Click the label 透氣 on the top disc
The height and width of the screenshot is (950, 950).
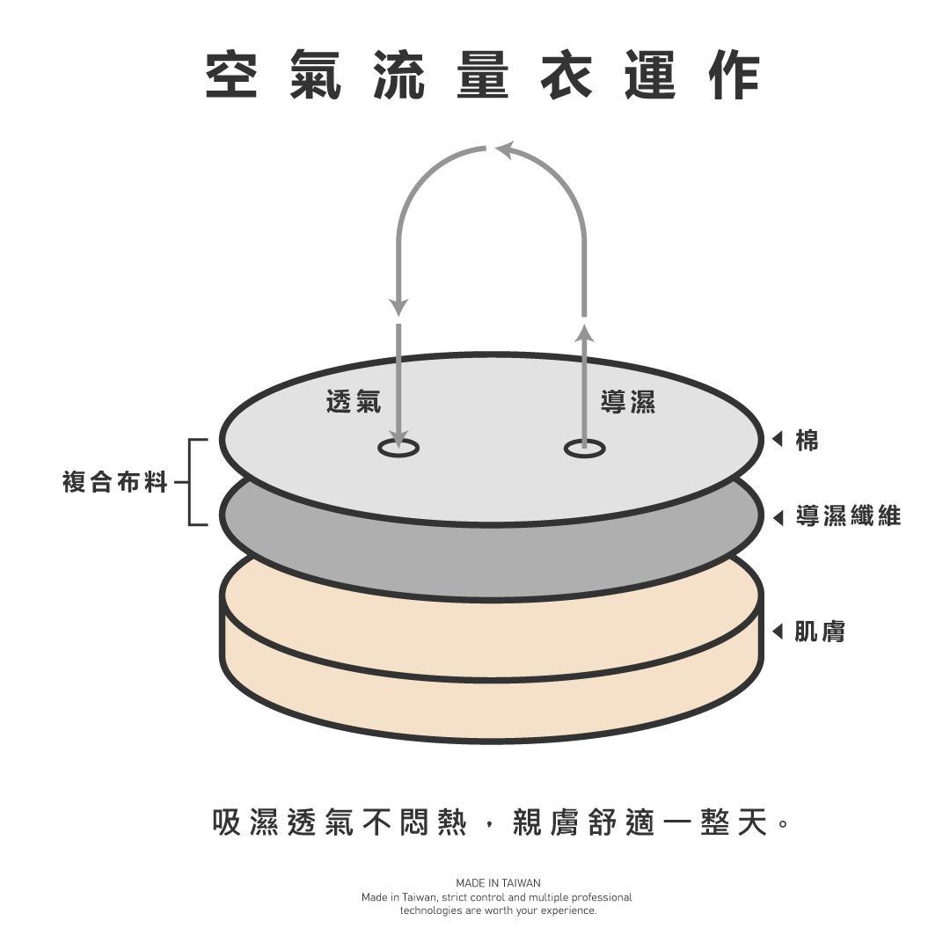tap(354, 402)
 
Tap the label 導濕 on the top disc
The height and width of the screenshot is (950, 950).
tap(628, 402)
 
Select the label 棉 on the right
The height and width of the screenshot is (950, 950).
tap(807, 440)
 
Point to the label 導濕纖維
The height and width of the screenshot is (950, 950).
tap(848, 515)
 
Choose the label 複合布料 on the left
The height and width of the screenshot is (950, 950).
tap(114, 482)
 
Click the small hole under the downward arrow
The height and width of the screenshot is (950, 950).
tap(398, 449)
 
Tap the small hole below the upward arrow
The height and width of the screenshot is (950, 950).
tap(585, 449)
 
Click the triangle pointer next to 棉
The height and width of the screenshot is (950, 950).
tap(778, 440)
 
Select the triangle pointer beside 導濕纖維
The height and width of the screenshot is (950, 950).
tap(778, 516)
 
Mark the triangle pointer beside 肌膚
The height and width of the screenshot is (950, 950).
tap(778, 631)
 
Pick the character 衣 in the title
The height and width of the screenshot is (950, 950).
tap(566, 75)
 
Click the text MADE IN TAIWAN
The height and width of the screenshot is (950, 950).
tap(498, 882)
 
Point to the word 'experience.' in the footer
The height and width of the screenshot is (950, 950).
tap(570, 910)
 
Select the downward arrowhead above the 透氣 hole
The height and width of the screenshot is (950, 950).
tap(398, 307)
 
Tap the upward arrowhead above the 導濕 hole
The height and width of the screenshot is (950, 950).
tap(585, 332)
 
